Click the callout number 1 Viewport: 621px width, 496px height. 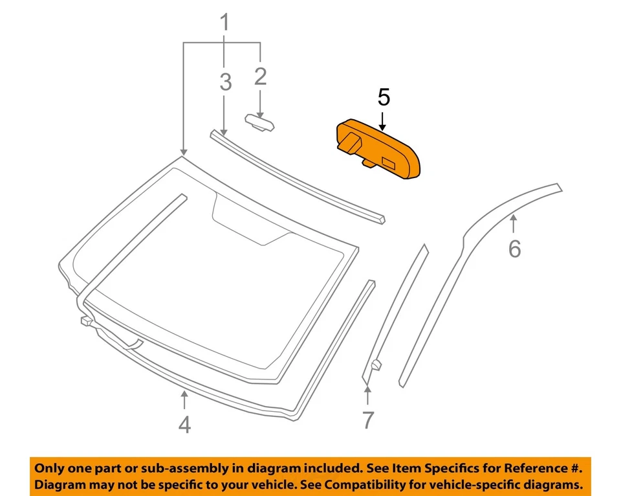coord(224,24)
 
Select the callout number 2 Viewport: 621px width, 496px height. coord(260,76)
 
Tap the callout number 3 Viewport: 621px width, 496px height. coord(225,82)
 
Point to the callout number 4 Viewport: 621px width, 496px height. coord(184,425)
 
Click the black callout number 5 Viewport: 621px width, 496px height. coord(384,98)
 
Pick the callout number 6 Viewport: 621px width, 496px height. coord(514,248)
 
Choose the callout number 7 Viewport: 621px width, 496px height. coord(367,420)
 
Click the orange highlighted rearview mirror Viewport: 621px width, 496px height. coord(378,148)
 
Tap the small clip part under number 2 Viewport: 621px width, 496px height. coord(259,122)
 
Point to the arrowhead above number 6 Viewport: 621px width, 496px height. coord(514,220)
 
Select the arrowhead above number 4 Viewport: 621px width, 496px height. coord(184,394)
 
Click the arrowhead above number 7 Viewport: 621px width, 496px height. coord(367,389)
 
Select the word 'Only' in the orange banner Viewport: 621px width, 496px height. coord(49,468)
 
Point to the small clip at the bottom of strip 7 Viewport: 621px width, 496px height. coord(375,365)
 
